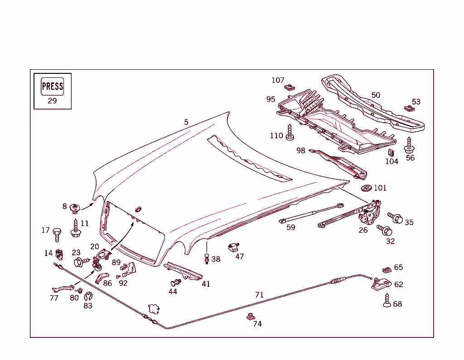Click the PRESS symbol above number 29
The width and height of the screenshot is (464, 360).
[53, 86]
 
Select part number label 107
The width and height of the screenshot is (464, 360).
[278, 80]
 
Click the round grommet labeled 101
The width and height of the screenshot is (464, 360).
[367, 187]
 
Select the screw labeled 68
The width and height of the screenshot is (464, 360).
[387, 300]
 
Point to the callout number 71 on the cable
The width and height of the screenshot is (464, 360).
[259, 295]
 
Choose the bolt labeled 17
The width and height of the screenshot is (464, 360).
[57, 234]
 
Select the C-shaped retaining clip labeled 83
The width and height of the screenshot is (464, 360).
[88, 297]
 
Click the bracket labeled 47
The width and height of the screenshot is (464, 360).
[233, 247]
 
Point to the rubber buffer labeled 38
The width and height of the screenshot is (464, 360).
[207, 259]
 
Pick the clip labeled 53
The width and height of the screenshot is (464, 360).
[408, 108]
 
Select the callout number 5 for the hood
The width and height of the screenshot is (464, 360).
[186, 122]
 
